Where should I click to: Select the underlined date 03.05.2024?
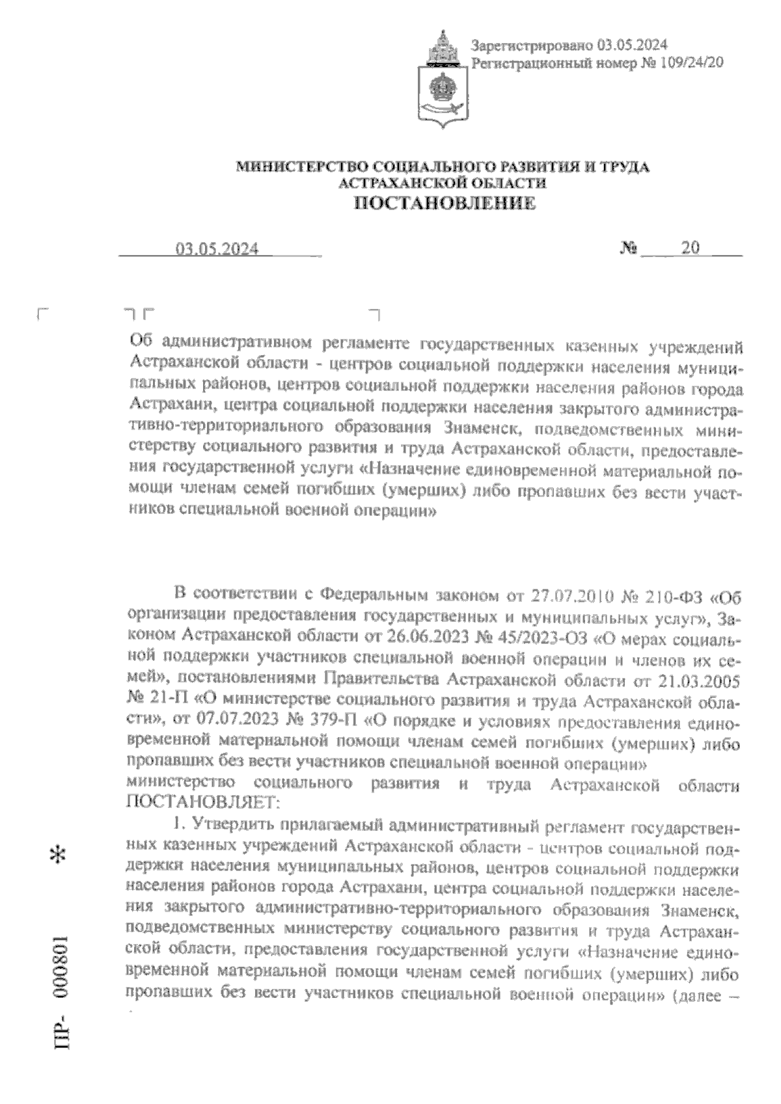(217, 249)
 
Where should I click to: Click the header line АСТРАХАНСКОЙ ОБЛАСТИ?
(443, 184)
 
